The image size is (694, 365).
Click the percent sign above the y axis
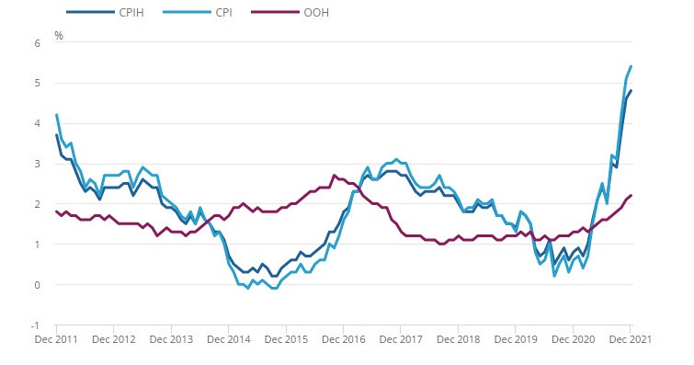[59, 35]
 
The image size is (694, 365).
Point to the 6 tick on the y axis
[38, 42]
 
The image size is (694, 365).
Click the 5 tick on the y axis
[38, 83]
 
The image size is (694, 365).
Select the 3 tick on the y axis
[38, 164]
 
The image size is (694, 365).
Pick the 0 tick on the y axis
[38, 285]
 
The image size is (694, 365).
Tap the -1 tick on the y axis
[36, 325]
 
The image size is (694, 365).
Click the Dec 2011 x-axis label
[57, 340]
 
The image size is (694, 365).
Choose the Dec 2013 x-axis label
[172, 340]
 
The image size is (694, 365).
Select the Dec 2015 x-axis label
[286, 340]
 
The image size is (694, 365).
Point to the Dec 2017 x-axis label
[401, 340]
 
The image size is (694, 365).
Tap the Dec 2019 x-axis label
[516, 340]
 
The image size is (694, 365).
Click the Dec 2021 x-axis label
[631, 340]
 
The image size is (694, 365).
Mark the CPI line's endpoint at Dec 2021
[631, 66]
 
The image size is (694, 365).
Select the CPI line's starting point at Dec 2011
[57, 115]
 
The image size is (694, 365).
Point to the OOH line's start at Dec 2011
[57, 211]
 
